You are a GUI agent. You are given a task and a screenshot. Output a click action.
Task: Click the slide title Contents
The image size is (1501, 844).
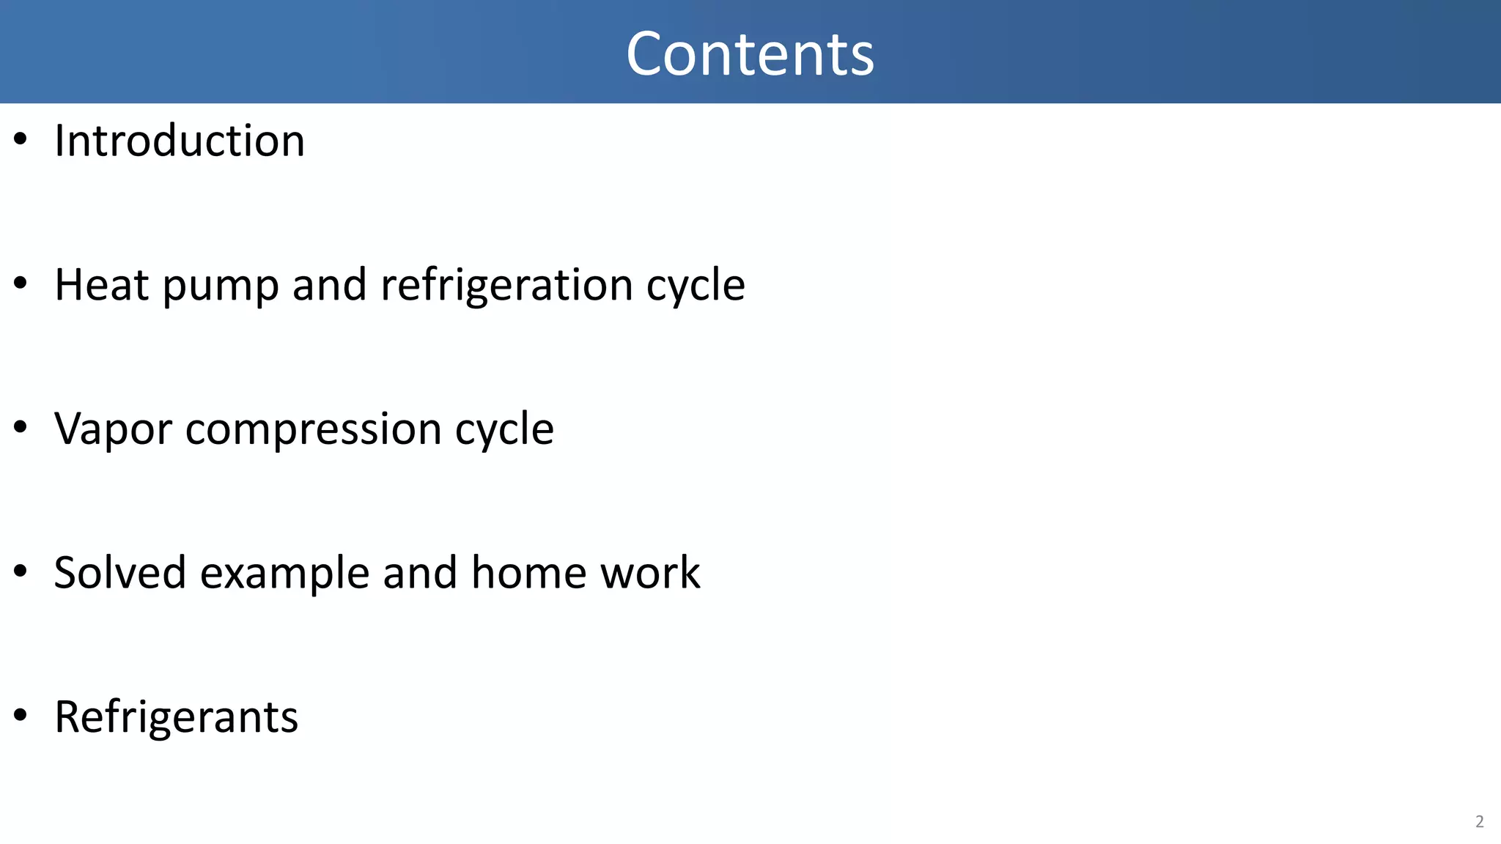click(x=750, y=53)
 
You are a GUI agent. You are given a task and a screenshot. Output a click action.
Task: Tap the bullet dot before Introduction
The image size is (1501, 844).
click(x=21, y=138)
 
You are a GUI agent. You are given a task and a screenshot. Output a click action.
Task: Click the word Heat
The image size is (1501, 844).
click(x=102, y=284)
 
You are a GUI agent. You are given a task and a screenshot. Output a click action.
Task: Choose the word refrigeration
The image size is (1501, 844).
click(x=506, y=286)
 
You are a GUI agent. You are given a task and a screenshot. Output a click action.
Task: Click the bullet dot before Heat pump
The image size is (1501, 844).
click(x=21, y=283)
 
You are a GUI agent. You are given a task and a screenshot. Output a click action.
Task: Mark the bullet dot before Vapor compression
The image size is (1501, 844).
click(x=21, y=426)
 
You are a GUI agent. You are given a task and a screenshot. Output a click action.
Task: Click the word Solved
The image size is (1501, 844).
click(x=120, y=572)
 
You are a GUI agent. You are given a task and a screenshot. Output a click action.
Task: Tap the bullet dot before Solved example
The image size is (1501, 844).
click(x=21, y=570)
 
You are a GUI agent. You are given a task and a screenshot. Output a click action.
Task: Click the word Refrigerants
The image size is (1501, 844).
click(x=177, y=717)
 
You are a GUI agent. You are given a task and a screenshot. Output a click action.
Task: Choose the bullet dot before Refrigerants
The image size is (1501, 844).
click(x=21, y=714)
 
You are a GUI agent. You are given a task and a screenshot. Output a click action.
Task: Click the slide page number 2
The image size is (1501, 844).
click(x=1479, y=821)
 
